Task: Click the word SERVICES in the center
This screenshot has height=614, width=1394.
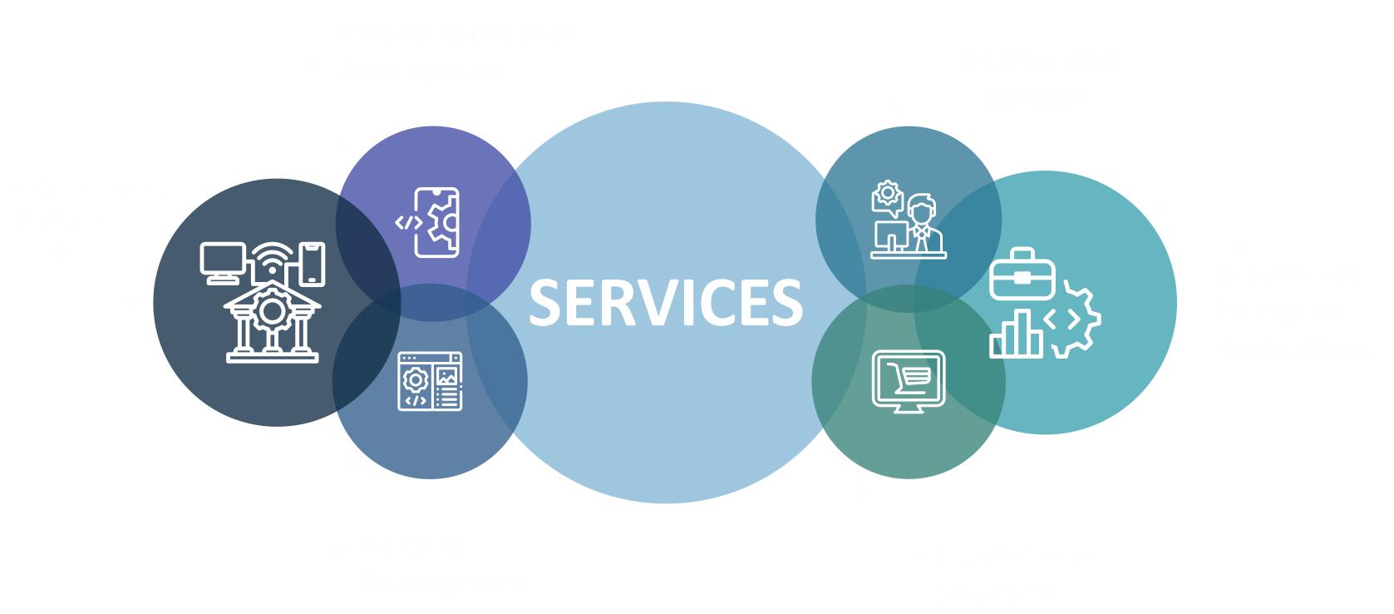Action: coord(666,303)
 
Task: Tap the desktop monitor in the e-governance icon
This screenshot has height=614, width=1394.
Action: coord(222,260)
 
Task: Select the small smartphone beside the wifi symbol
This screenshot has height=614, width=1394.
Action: coord(313,264)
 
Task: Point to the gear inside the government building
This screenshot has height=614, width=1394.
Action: coord(272,311)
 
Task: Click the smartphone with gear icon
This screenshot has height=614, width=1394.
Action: coord(438,222)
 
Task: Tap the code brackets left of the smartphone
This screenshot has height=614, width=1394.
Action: coord(407,223)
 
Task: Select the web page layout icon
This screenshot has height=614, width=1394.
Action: coord(430,381)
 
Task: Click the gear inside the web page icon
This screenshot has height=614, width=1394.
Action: coord(415,379)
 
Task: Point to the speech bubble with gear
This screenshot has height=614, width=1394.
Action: coord(887,196)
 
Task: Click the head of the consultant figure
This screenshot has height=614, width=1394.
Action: coord(921,208)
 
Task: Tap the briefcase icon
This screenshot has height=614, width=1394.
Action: coord(1022,275)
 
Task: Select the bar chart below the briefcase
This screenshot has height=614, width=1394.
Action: coord(1015,334)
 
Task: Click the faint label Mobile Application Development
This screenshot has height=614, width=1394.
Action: coord(459,52)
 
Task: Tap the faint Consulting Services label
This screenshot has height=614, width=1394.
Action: coord(1047,78)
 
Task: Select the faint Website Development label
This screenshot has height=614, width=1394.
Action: coord(442,566)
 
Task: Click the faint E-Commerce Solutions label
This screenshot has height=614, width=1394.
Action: coord(1016,572)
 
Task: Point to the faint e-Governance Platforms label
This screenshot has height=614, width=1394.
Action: coord(91,204)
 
